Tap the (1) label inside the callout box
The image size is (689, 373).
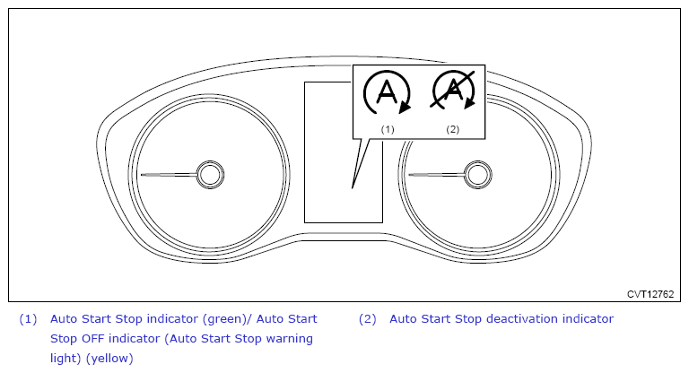pyautogui.click(x=388, y=129)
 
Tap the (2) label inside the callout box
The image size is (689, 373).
pyautogui.click(x=452, y=129)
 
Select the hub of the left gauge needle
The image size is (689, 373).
pyautogui.click(x=210, y=175)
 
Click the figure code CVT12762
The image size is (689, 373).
pyautogui.click(x=650, y=293)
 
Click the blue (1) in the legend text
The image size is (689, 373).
pyautogui.click(x=28, y=319)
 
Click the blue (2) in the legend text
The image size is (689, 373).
pyautogui.click(x=367, y=319)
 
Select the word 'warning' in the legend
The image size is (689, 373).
pyautogui.click(x=288, y=339)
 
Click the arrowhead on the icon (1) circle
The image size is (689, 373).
pyautogui.click(x=405, y=107)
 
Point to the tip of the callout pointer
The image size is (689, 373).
pyautogui.click(x=353, y=187)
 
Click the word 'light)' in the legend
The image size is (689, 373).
pyautogui.click(x=67, y=359)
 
